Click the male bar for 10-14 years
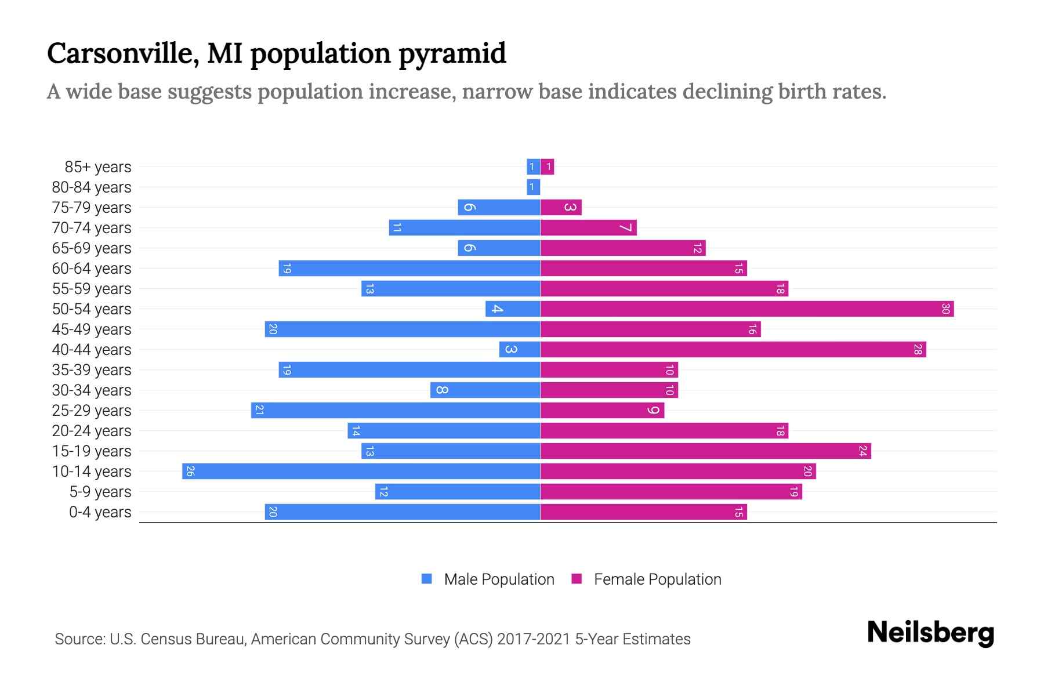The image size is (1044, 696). pyautogui.click(x=361, y=471)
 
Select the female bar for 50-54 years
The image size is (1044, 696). pyautogui.click(x=747, y=309)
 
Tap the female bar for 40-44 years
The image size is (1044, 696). pyautogui.click(x=733, y=349)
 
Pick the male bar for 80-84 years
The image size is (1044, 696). pyautogui.click(x=534, y=187)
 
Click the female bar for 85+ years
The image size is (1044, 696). pyautogui.click(x=548, y=166)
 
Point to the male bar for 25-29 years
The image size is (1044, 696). pyautogui.click(x=396, y=410)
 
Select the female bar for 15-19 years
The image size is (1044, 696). pyautogui.click(x=705, y=451)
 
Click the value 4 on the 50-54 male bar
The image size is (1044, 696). pyautogui.click(x=496, y=309)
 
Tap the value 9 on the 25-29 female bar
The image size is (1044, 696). pyautogui.click(x=654, y=410)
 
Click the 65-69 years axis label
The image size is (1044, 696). pyautogui.click(x=92, y=248)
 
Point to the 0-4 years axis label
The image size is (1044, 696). pyautogui.click(x=100, y=512)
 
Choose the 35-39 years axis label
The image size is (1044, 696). pyautogui.click(x=92, y=370)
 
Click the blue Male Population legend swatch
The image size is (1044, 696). pyautogui.click(x=427, y=579)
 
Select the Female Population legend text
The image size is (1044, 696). pyautogui.click(x=657, y=579)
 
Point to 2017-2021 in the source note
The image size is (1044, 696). pyautogui.click(x=533, y=639)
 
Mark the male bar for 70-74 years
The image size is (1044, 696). pyautogui.click(x=465, y=227)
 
